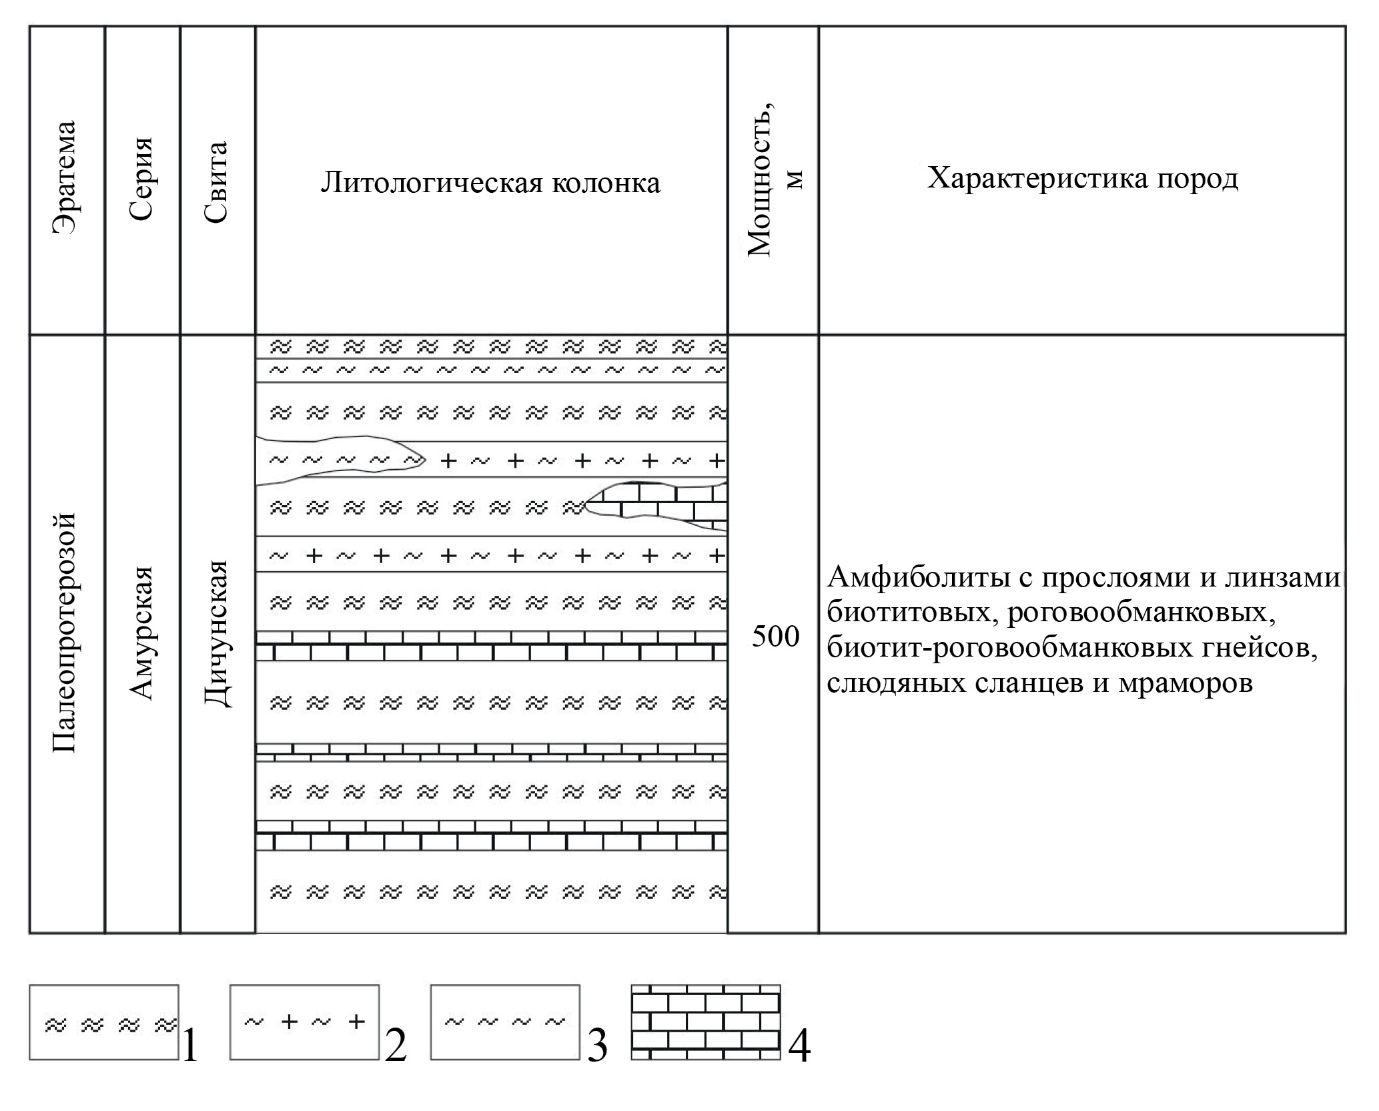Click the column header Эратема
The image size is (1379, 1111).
(65, 177)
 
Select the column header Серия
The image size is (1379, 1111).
(142, 179)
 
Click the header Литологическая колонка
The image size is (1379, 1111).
(491, 182)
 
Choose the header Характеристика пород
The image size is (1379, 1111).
(1082, 178)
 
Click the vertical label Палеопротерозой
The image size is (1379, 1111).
(65, 633)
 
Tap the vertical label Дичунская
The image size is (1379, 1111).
(217, 633)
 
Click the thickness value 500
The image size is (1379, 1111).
(775, 637)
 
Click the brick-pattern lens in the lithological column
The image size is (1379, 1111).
(657, 506)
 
